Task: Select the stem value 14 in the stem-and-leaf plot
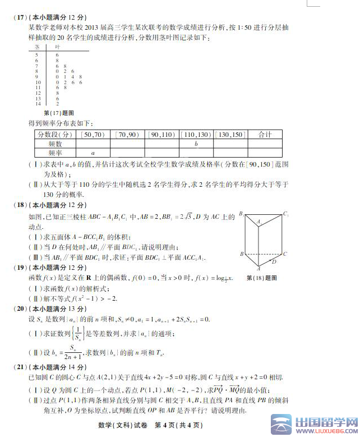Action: click(38, 104)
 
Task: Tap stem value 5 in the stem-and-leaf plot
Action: click(38, 55)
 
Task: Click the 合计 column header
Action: click(265, 135)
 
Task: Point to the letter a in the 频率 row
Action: click(93, 153)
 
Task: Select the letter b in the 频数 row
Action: click(196, 144)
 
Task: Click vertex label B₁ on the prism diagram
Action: click(241, 213)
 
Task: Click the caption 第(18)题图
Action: click(264, 278)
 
